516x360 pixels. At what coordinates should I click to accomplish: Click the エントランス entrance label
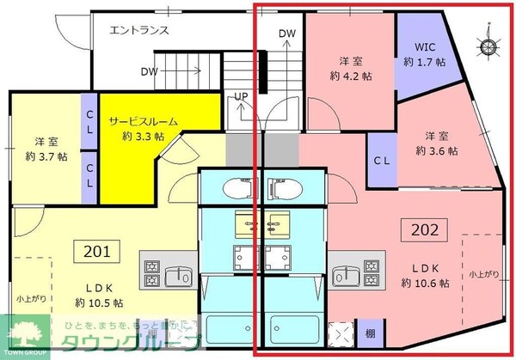[x=139, y=30]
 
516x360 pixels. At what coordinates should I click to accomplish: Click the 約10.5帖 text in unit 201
[x=98, y=302]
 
